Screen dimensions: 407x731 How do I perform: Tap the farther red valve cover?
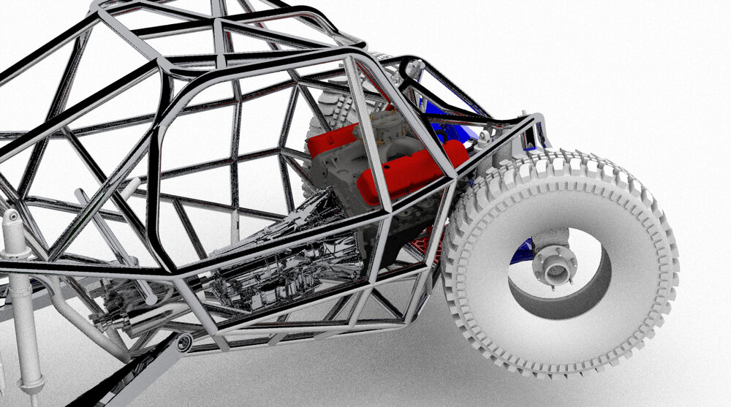tap(333, 140)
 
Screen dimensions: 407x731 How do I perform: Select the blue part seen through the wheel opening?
tap(523, 251)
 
